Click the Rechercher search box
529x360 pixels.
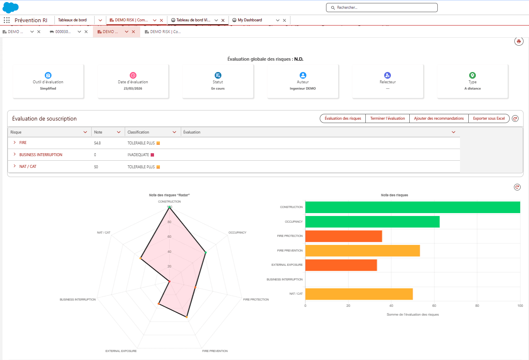(382, 8)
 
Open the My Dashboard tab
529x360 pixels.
(249, 20)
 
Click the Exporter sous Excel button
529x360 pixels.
(489, 118)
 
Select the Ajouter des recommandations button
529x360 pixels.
(439, 118)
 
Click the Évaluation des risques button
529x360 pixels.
(343, 118)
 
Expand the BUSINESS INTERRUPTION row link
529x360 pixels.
(41, 155)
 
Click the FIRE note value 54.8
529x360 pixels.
(97, 143)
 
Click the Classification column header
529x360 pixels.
(138, 132)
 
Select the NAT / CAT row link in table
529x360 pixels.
(28, 167)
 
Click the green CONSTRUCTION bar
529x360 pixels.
(413, 207)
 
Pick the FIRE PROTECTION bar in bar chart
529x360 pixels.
(344, 236)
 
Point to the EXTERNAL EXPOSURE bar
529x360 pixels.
(341, 265)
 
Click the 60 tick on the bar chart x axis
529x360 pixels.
(434, 306)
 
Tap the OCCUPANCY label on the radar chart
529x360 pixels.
(237, 232)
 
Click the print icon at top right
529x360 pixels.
(519, 41)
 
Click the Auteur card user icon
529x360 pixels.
(303, 75)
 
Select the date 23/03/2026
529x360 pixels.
(133, 88)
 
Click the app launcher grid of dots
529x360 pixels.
(7, 20)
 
